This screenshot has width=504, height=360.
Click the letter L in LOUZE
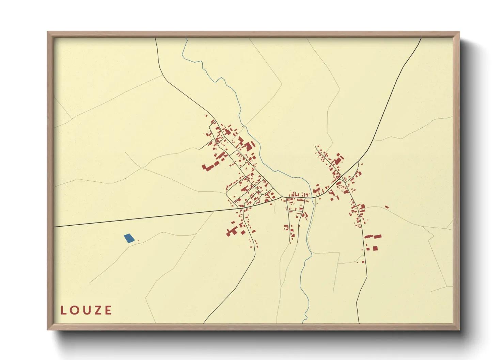(63, 310)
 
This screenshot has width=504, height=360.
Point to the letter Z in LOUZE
(98, 310)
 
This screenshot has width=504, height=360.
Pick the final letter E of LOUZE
(108, 310)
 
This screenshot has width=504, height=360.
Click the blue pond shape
(129, 238)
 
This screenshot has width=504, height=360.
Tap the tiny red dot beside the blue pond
(138, 241)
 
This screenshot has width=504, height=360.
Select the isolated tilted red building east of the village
(387, 207)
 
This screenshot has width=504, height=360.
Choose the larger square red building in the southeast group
(375, 248)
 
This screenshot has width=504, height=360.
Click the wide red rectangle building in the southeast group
(378, 236)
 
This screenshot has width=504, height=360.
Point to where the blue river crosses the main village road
(312, 197)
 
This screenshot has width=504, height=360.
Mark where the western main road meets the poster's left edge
(54, 227)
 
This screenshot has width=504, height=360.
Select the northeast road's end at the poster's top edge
(421, 38)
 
